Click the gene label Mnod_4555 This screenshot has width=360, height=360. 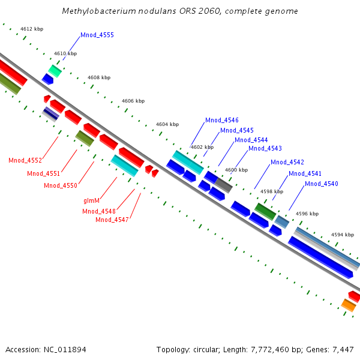[97, 35]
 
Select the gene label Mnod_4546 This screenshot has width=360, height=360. [222, 120]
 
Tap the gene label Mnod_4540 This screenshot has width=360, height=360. [322, 184]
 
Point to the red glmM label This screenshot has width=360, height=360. [92, 201]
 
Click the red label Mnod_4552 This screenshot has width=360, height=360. [25, 160]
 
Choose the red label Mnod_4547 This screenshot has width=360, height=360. [112, 220]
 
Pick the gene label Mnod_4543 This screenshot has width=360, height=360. [265, 148]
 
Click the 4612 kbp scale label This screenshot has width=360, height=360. [31, 29]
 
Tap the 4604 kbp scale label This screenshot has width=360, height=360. [167, 124]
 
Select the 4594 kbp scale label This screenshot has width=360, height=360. [343, 235]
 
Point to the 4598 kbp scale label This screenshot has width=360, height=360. [271, 191]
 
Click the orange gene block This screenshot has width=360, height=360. [349, 306]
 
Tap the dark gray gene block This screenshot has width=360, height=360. [223, 185]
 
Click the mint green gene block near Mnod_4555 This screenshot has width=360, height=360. [55, 71]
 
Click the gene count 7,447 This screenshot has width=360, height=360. [343, 349]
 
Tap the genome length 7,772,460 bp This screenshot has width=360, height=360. [270, 349]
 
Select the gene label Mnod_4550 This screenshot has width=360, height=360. [61, 185]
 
